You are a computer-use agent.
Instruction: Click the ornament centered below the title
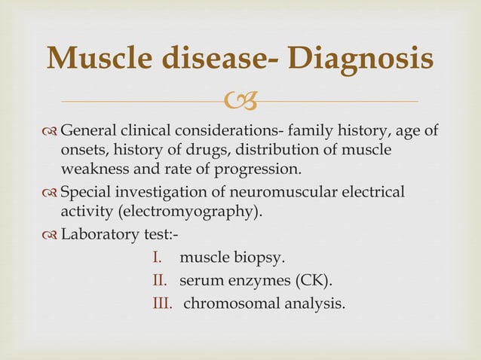pyautogui.click(x=240, y=100)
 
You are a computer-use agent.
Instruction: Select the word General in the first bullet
pyautogui.click(x=88, y=133)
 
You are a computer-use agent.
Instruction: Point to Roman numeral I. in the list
pyautogui.click(x=156, y=258)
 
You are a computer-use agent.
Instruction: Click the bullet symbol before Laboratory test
pyautogui.click(x=51, y=233)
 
